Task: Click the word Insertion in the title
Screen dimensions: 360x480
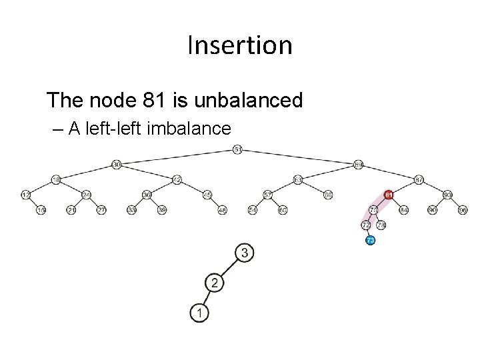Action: (240, 45)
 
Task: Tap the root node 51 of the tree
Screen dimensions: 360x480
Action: (238, 149)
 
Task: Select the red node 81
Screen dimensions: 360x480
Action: (389, 195)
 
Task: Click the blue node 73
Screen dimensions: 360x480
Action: (371, 240)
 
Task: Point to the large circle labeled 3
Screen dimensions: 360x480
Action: (245, 253)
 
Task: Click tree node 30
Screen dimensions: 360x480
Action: (116, 164)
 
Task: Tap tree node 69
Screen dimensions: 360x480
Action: (359, 164)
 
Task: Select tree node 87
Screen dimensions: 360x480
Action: (419, 179)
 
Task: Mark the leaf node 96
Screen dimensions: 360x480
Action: (463, 210)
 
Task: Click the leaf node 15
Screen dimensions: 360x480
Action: (41, 210)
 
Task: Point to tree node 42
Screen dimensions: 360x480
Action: (177, 179)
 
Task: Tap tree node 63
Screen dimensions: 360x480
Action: (298, 179)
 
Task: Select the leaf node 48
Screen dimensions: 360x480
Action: (223, 210)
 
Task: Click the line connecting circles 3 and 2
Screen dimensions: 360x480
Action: (229, 268)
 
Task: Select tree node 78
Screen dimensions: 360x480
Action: (373, 210)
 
